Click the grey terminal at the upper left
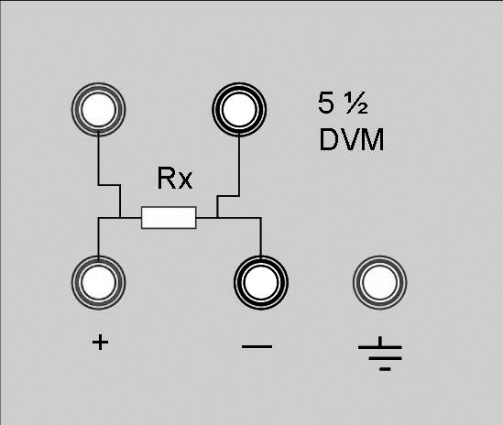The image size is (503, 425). pos(98,109)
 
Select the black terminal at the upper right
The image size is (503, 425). pos(239,109)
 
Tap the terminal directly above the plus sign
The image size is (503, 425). pos(98,282)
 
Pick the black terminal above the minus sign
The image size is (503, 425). pos(261,282)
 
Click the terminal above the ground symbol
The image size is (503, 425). pos(379,282)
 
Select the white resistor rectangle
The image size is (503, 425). pos(169,218)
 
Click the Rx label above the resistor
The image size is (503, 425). pos(175,179)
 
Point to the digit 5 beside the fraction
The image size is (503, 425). pos(325,103)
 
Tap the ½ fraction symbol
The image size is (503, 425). pos(356,103)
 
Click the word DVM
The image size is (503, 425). pos(352,139)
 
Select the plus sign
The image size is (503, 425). pos(100,343)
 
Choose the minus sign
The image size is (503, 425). pos(257,346)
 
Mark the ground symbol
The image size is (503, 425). pos(380,354)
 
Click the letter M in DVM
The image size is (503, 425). pos(372,139)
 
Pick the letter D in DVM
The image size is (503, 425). pos(329,139)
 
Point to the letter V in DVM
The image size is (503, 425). pos(349,139)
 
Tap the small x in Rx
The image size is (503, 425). pos(186,181)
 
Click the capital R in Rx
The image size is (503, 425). pos(166,179)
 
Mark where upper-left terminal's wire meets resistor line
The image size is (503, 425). pos(120,218)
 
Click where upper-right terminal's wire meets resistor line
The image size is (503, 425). pos(217,218)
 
